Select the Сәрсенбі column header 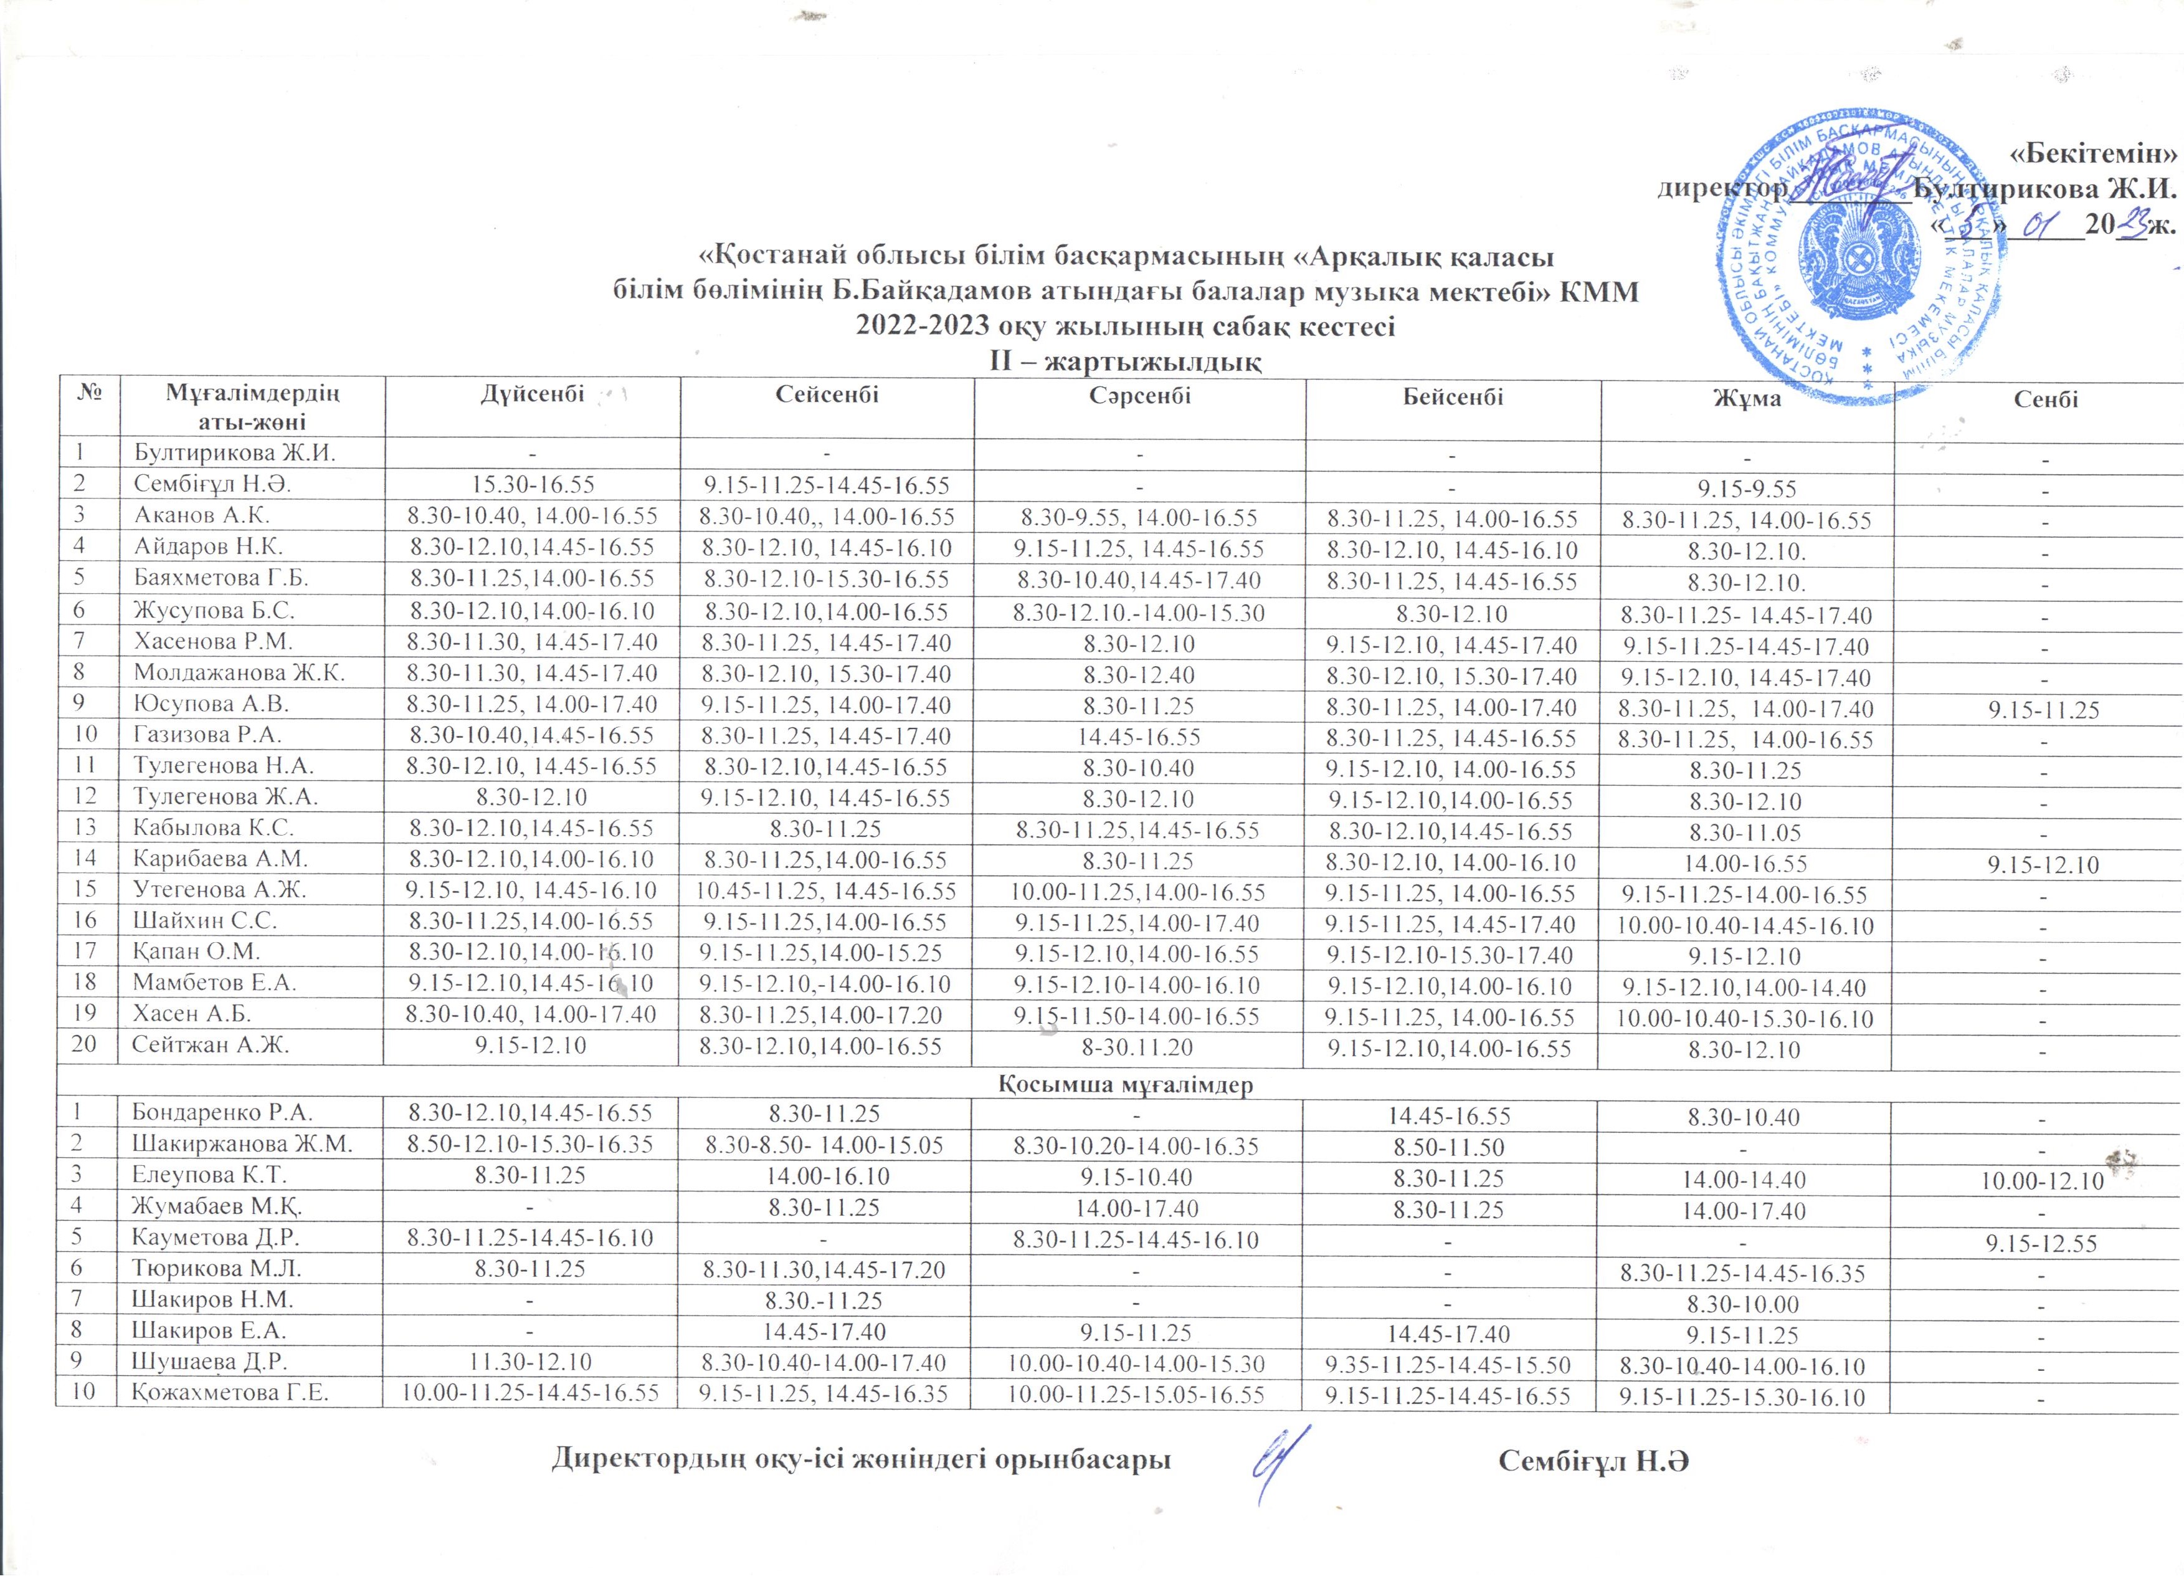1140,395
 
